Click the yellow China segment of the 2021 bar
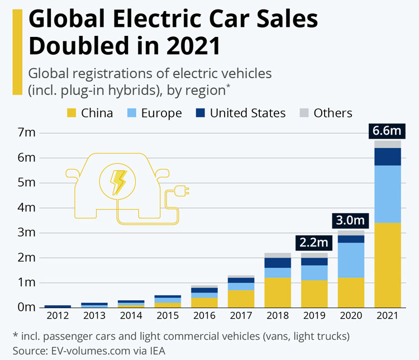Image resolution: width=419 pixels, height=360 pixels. (388, 265)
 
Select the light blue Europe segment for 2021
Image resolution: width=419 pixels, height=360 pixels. (388, 194)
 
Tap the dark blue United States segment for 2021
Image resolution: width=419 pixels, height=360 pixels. (388, 157)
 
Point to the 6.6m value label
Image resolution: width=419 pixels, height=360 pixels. (388, 131)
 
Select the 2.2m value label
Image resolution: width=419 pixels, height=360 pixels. (313, 243)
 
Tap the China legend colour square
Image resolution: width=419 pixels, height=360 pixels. (71, 113)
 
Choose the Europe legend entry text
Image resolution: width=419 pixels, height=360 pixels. (161, 113)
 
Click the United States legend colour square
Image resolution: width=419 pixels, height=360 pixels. (199, 113)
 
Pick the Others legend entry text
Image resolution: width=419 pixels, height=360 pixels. (333, 113)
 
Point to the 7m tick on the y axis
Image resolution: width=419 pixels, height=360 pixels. (27, 133)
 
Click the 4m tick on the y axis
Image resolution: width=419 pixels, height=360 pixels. (27, 208)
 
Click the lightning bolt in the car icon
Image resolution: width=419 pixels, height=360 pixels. (118, 180)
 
